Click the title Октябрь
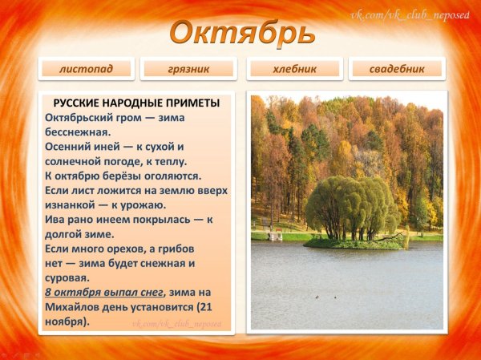point(241,33)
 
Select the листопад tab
point(85,69)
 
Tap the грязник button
point(189,69)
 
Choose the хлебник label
point(294,69)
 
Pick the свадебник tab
point(396,69)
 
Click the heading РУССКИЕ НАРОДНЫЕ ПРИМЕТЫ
point(136,103)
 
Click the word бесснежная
point(78,132)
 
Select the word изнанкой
point(73,204)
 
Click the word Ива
point(56,219)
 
